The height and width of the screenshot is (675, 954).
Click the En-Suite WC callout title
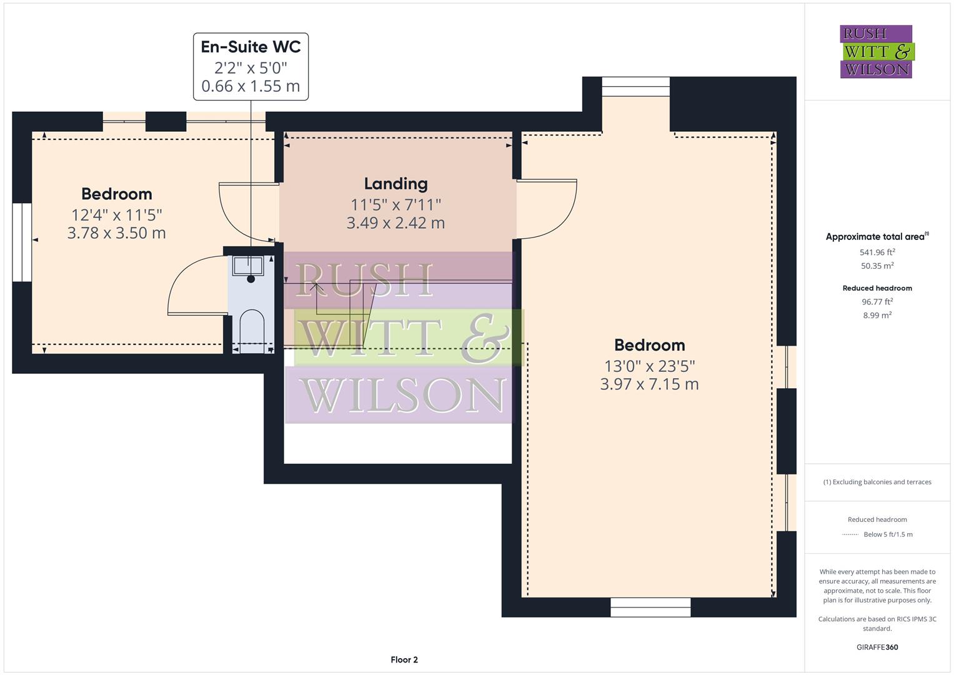[x=251, y=47]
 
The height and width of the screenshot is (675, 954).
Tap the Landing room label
[x=395, y=184]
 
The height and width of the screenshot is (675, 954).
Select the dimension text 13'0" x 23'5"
[x=649, y=366]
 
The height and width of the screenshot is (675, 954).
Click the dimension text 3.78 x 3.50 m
[x=117, y=233]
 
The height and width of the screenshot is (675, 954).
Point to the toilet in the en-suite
[x=252, y=328]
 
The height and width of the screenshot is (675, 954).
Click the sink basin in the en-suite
[x=249, y=266]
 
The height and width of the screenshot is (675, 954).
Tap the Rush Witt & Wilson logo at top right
[x=877, y=52]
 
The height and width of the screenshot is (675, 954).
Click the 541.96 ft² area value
[x=877, y=252]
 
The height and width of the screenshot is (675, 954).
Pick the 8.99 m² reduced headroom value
[x=877, y=316]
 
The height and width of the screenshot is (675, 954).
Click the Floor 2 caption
[x=404, y=659]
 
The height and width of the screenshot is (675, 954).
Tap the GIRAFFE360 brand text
[x=877, y=647]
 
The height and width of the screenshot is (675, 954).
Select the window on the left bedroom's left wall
[x=22, y=242]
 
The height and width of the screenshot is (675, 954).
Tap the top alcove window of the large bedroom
[x=635, y=87]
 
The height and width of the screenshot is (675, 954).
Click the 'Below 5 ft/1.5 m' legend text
[x=888, y=534]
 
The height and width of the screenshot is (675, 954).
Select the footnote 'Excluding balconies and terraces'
[x=877, y=482]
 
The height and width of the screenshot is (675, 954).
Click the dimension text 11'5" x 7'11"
[x=395, y=204]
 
